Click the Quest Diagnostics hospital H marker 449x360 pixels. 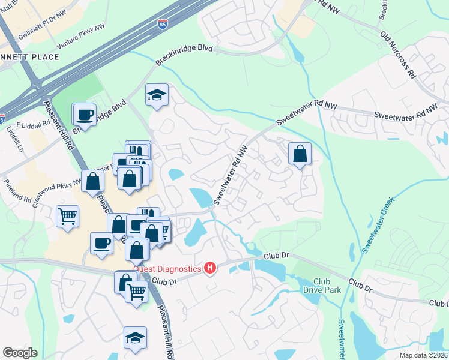[x=209, y=268]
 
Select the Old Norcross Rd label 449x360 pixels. [x=398, y=54]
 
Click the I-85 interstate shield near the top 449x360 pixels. [x=163, y=25]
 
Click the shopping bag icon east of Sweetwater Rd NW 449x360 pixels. [x=300, y=154]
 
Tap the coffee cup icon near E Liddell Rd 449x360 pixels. [x=84, y=114]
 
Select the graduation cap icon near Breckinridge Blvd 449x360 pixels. [x=157, y=95]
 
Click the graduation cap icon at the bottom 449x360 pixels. [x=135, y=338]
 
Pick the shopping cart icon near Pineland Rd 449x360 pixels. [x=68, y=216]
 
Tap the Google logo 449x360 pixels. [x=20, y=353]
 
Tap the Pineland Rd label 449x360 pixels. [x=16, y=190]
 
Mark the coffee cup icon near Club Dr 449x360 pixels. [x=101, y=243]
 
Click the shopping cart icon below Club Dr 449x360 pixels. [x=137, y=292]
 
